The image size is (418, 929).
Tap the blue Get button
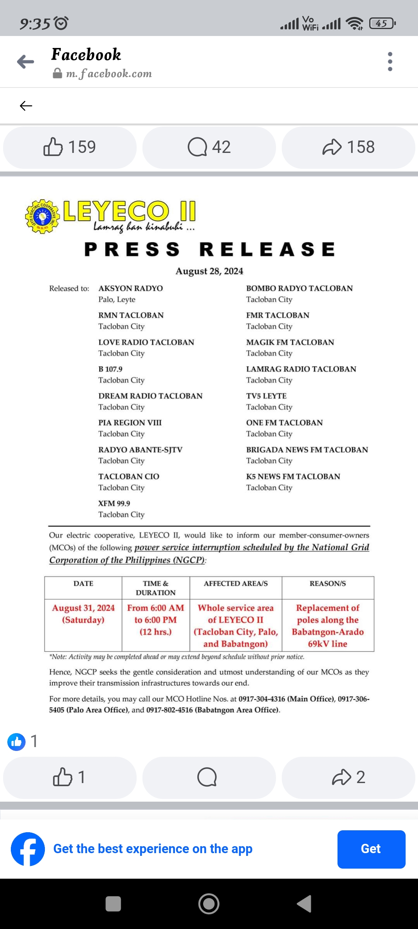click(x=371, y=849)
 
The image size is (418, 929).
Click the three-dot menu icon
click(x=390, y=62)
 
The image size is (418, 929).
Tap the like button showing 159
click(x=70, y=147)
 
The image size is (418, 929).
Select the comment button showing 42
click(x=209, y=147)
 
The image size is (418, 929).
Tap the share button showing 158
click(x=348, y=147)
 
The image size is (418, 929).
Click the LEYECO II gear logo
click(x=42, y=216)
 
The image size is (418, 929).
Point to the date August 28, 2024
click(x=209, y=271)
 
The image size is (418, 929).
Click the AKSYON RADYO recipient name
click(x=130, y=288)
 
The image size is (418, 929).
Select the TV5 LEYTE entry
click(x=266, y=396)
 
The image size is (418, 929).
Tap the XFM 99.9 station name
click(x=114, y=503)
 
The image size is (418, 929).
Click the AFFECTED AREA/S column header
click(x=236, y=584)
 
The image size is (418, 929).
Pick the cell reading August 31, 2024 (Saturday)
click(x=83, y=614)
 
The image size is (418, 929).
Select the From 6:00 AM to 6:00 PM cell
click(x=156, y=620)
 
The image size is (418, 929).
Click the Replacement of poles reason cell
click(x=328, y=626)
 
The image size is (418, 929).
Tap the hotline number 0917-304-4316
click(x=262, y=699)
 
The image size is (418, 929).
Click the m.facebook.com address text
click(x=109, y=74)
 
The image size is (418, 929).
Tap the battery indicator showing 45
click(x=382, y=24)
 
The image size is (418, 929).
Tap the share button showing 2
click(x=348, y=777)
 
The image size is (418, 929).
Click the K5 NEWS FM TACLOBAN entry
click(x=293, y=476)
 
